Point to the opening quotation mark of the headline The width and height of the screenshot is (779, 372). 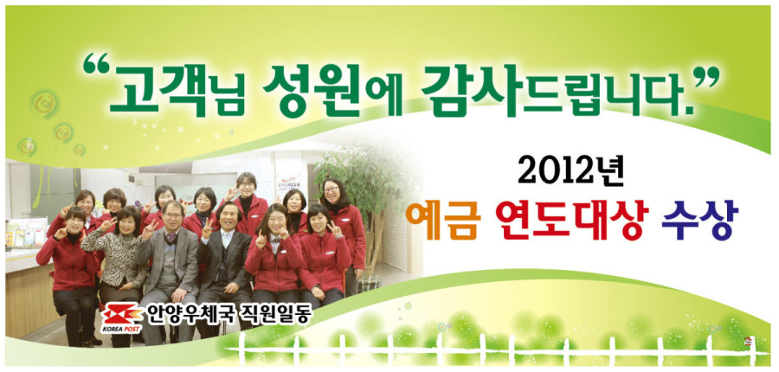[x=94, y=66]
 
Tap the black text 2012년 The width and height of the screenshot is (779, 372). [x=570, y=172]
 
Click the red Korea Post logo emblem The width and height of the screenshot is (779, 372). [x=122, y=314]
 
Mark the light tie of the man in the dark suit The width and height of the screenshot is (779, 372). [x=226, y=242]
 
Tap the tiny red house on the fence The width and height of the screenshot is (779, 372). [x=748, y=341]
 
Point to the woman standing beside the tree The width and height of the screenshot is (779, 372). [x=345, y=234]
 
